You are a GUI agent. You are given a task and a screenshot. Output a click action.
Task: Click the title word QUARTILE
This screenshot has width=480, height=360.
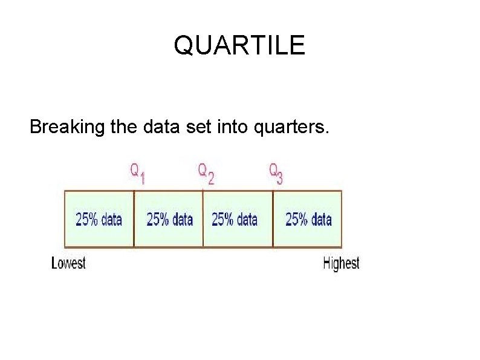pos(239,45)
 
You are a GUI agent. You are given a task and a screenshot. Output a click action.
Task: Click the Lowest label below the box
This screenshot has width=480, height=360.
pos(69,263)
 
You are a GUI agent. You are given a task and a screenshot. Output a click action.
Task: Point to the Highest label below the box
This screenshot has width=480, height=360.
pos(341,263)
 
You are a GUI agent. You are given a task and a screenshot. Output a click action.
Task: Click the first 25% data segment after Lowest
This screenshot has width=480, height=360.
pos(99,219)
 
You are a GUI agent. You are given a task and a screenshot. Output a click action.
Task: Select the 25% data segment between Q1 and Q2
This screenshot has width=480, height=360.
pos(169,219)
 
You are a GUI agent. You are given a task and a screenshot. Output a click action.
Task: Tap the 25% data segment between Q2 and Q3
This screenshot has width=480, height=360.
pos(235,219)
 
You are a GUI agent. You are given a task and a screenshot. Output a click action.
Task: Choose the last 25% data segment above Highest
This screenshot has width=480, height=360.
pos(308,219)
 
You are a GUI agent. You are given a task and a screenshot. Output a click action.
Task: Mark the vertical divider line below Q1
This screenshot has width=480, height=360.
pos(134,219)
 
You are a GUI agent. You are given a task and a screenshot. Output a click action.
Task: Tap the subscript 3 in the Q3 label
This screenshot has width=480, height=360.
pos(280,178)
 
